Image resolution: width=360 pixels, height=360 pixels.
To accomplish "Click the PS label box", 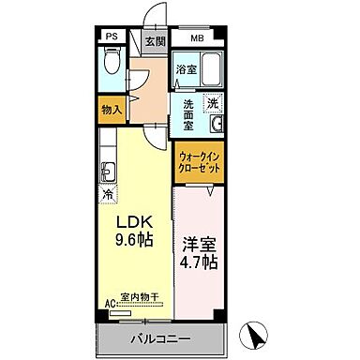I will coord(112,38).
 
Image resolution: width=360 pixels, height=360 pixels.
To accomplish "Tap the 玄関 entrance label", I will coord(156,41).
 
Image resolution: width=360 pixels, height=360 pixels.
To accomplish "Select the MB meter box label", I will coord(198,38).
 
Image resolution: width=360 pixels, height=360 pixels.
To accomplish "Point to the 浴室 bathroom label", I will coord(185,69).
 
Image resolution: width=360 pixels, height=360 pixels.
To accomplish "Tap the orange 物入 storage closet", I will coord(112,109).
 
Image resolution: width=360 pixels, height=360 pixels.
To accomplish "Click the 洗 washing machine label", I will coord(213,104).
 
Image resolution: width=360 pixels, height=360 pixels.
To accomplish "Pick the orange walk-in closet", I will coord(198,161).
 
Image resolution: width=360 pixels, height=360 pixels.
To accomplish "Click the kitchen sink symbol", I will coord(108,171).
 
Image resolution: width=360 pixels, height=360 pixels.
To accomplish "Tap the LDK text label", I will coord(133,222).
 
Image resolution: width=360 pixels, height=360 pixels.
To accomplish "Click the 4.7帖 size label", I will coord(200,262).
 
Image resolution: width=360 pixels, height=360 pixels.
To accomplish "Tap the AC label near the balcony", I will coord(109,304).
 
